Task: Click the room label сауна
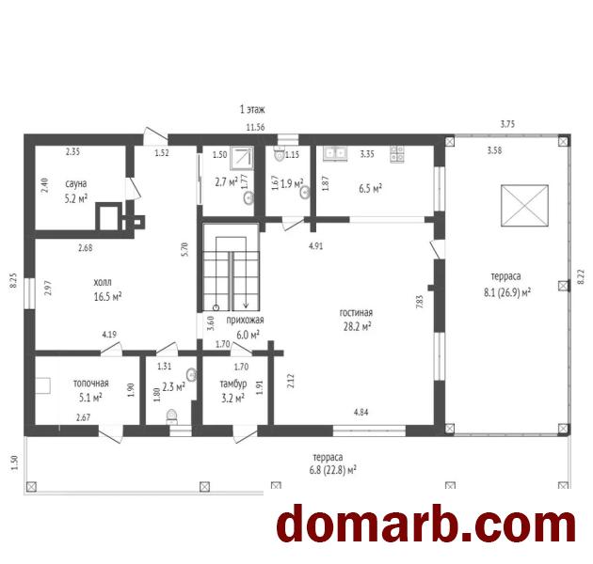(76, 184)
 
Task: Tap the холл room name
(103, 283)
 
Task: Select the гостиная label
(356, 313)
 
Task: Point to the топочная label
(90, 384)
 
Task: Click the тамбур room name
(233, 384)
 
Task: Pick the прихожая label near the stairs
(245, 321)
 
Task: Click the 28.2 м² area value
(357, 326)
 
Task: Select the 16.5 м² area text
(108, 296)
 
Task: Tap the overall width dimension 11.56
(256, 127)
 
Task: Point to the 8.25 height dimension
(13, 281)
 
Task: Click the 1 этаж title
(252, 110)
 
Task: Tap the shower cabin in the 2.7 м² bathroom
(242, 158)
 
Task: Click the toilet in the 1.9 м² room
(280, 154)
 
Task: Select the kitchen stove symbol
(397, 154)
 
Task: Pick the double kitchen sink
(335, 153)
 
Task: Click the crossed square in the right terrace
(524, 206)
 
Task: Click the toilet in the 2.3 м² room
(172, 416)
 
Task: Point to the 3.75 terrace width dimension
(507, 124)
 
